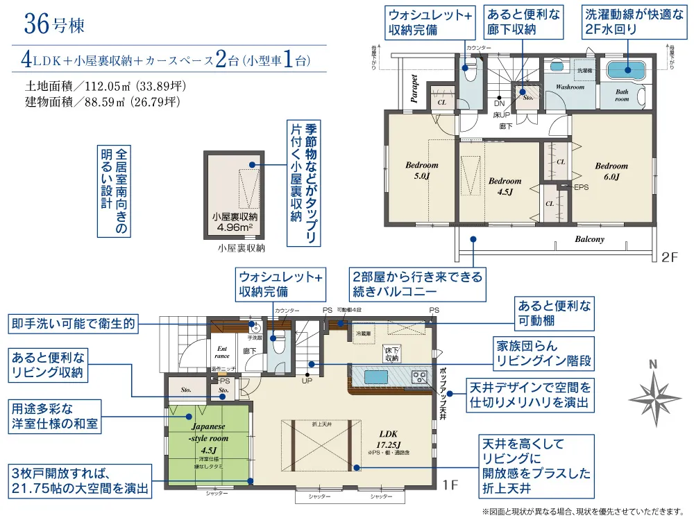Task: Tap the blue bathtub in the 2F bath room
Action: pos(626,69)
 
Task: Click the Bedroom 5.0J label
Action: pos(422,170)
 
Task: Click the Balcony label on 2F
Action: pos(589,239)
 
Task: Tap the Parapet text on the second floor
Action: pos(414,89)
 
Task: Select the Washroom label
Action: pos(570,87)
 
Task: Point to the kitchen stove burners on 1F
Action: pos(419,376)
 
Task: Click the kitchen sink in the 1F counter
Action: pos(372,376)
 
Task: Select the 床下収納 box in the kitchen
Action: pos(391,354)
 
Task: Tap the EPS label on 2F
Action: pos(581,187)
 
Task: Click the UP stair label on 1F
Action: pos(306,380)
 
